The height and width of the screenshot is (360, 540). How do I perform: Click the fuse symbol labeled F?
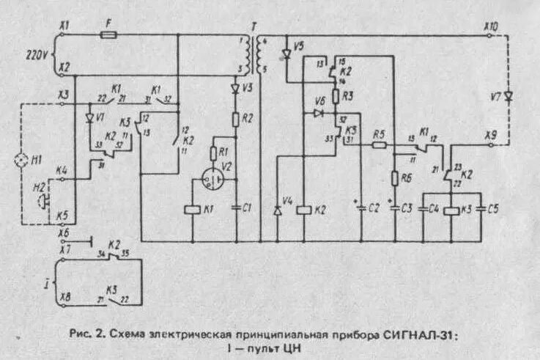coord(111,34)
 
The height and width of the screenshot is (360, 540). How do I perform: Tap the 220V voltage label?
coord(36,54)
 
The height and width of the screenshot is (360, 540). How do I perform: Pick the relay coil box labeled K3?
coord(451,210)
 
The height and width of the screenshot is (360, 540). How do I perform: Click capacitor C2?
coord(361,207)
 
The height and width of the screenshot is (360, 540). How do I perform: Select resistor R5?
coord(378,145)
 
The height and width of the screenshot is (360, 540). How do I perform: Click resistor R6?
coord(395,178)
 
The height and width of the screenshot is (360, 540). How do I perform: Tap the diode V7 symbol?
coord(508,95)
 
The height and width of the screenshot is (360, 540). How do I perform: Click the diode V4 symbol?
coord(277,211)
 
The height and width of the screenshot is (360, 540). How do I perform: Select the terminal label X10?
coord(491,26)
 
